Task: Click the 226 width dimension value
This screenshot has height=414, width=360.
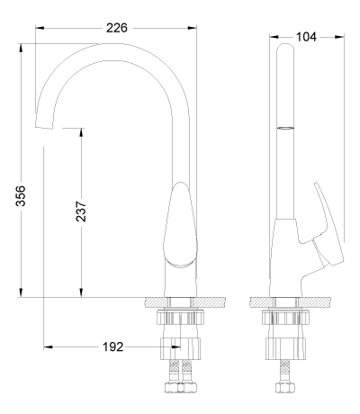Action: (x=117, y=28)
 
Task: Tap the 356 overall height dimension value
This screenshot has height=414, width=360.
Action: (x=21, y=196)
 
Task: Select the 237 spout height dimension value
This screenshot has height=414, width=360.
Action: (x=81, y=211)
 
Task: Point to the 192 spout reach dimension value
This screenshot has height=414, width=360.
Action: (x=113, y=347)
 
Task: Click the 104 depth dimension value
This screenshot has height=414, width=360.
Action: (x=306, y=37)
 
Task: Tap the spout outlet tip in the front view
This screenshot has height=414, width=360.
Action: (x=44, y=127)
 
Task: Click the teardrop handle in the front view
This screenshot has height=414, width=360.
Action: (x=180, y=224)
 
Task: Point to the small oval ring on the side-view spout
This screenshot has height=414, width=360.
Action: (x=284, y=128)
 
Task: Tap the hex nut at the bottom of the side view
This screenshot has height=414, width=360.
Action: (x=285, y=387)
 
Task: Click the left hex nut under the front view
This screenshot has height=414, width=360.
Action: (x=173, y=387)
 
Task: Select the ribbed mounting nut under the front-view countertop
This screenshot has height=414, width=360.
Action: (x=180, y=318)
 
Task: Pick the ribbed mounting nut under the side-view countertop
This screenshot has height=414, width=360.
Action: (x=285, y=318)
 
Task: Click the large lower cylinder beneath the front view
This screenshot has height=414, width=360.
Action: (x=180, y=348)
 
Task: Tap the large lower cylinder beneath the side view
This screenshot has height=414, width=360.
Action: (x=285, y=348)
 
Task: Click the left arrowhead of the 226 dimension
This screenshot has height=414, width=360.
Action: (x=40, y=28)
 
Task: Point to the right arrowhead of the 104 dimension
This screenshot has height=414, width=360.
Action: (x=339, y=37)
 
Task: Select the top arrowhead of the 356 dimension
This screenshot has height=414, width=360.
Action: (x=21, y=49)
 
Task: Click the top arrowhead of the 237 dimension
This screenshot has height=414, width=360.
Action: (x=81, y=133)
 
